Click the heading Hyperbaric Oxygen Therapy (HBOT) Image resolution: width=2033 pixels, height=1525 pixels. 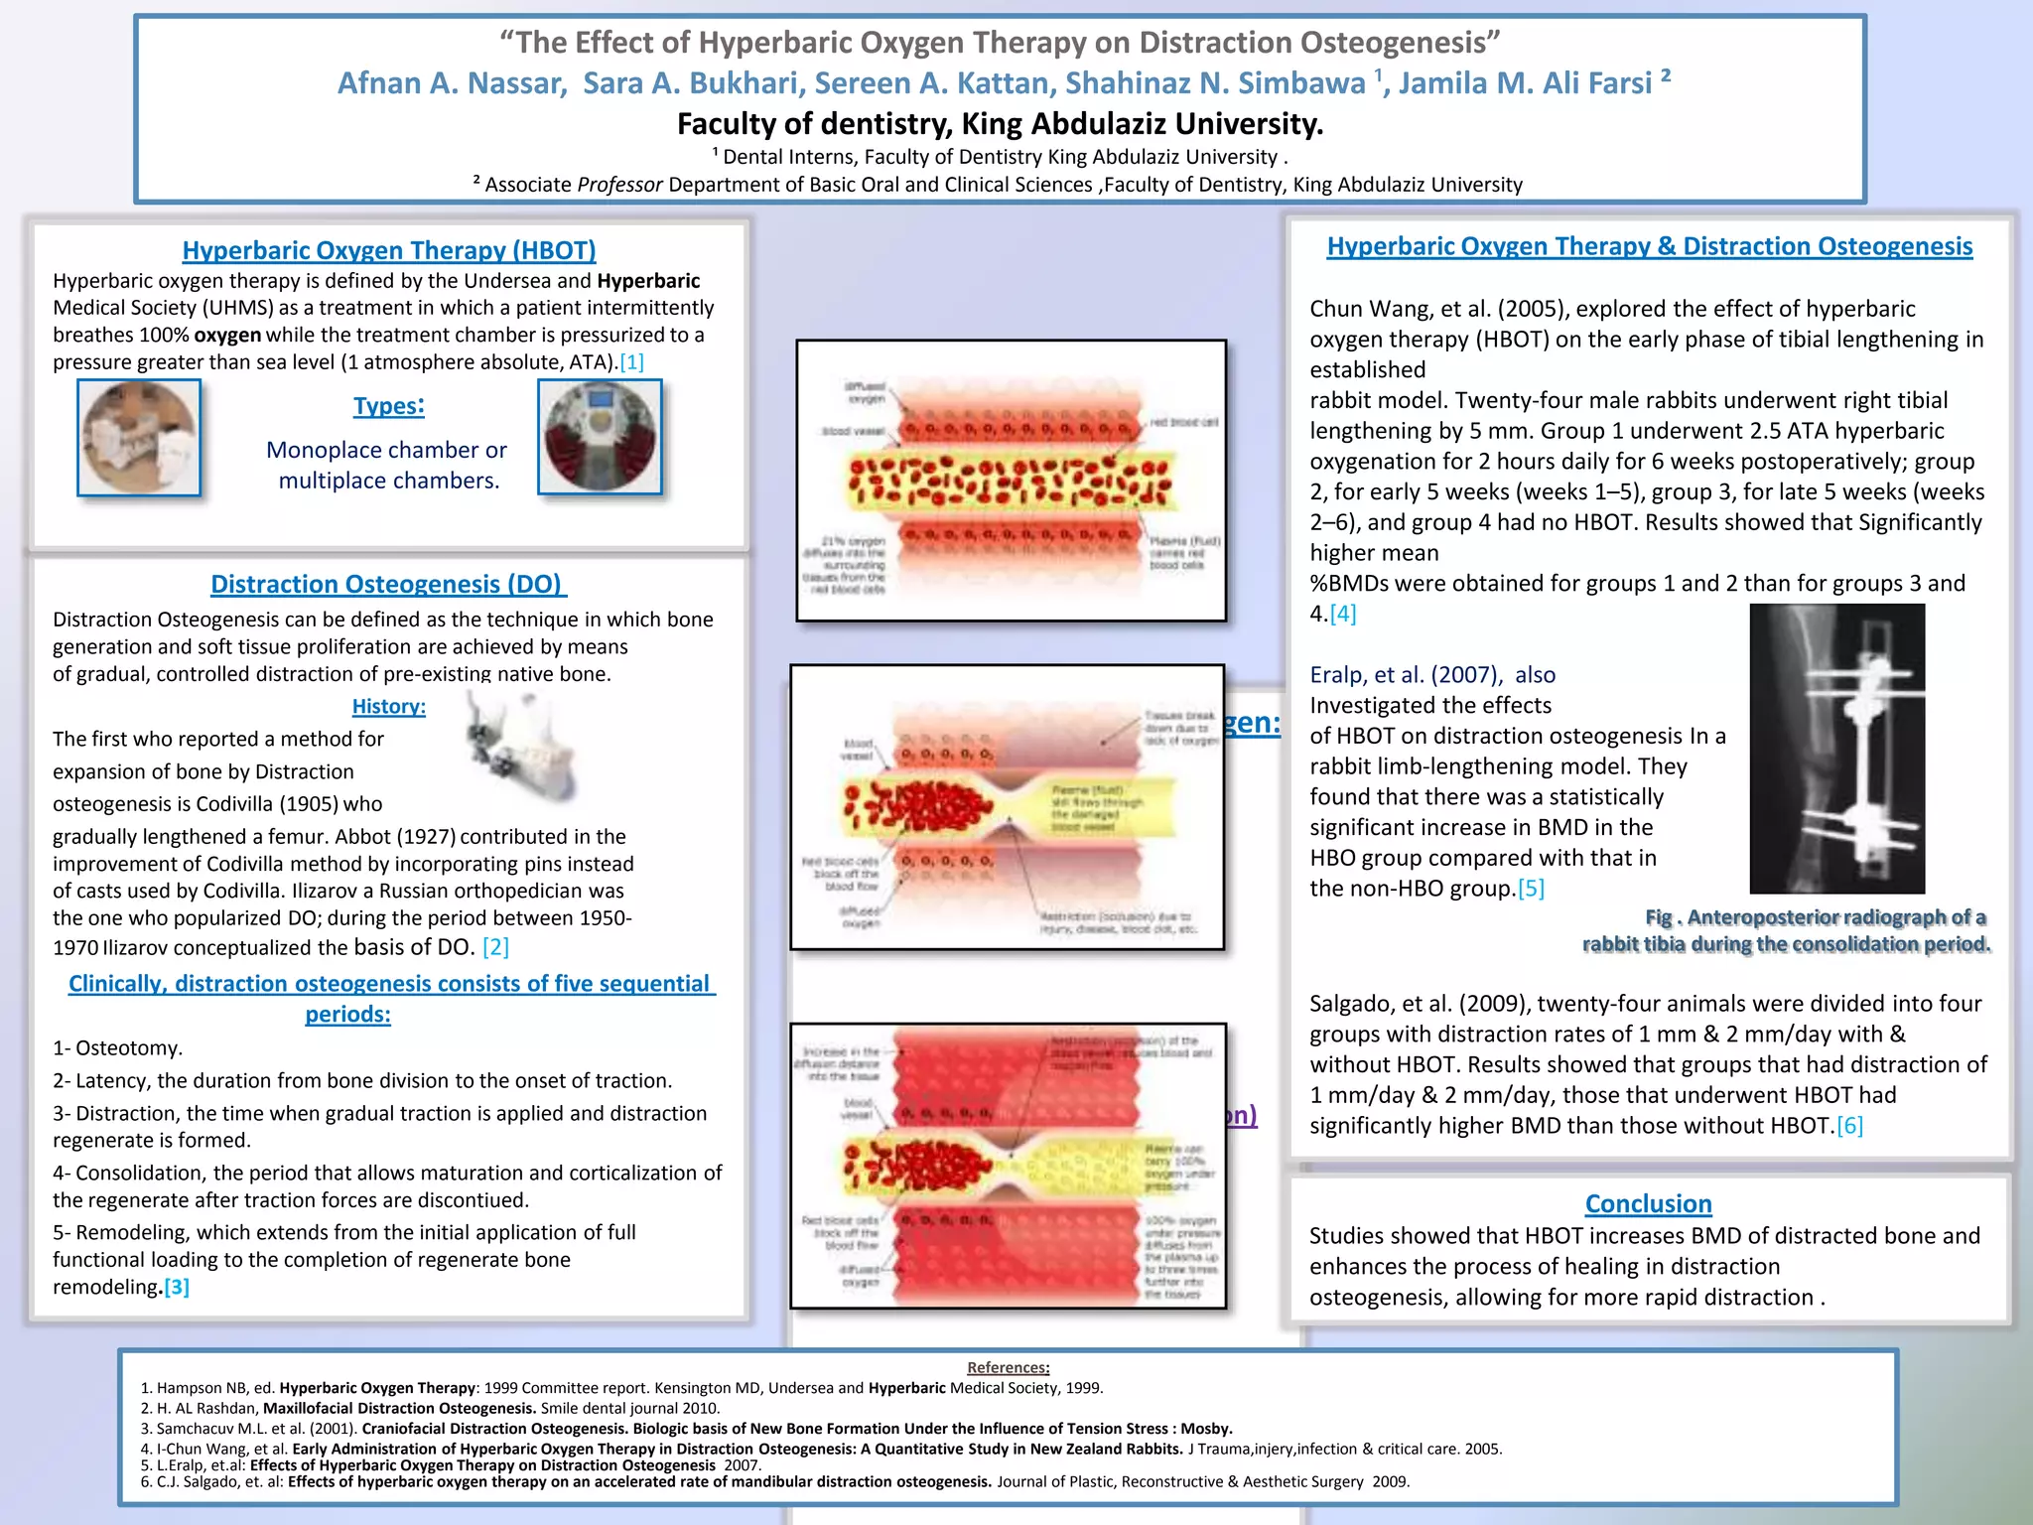click(389, 250)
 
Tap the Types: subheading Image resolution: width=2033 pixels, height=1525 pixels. click(388, 406)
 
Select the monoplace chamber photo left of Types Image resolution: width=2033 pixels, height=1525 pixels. click(139, 437)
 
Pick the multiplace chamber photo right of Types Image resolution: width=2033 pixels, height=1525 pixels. click(600, 437)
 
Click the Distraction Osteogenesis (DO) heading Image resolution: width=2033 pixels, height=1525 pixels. click(388, 584)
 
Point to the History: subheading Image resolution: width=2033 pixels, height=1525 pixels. click(388, 706)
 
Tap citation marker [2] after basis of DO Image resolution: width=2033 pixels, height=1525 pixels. click(495, 947)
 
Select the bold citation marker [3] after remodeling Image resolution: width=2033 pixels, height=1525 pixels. click(177, 1287)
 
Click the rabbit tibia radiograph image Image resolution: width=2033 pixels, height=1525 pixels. click(1836, 749)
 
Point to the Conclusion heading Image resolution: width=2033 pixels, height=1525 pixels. click(1648, 1203)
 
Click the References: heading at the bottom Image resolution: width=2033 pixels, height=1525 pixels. click(1008, 1367)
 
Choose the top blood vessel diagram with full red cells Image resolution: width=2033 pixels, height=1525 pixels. click(1011, 482)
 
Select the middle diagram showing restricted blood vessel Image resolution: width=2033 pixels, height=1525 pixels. click(1007, 807)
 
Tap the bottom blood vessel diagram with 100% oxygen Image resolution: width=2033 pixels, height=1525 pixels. click(1008, 1166)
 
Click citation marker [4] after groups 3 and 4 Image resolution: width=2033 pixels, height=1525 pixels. click(1343, 614)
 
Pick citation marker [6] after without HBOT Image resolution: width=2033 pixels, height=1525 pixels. click(1849, 1126)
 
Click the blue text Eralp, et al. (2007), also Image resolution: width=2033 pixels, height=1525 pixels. click(1432, 675)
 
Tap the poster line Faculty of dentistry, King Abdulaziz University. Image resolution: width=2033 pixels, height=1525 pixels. click(1000, 124)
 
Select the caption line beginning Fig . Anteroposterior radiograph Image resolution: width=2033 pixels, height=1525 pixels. click(1815, 917)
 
